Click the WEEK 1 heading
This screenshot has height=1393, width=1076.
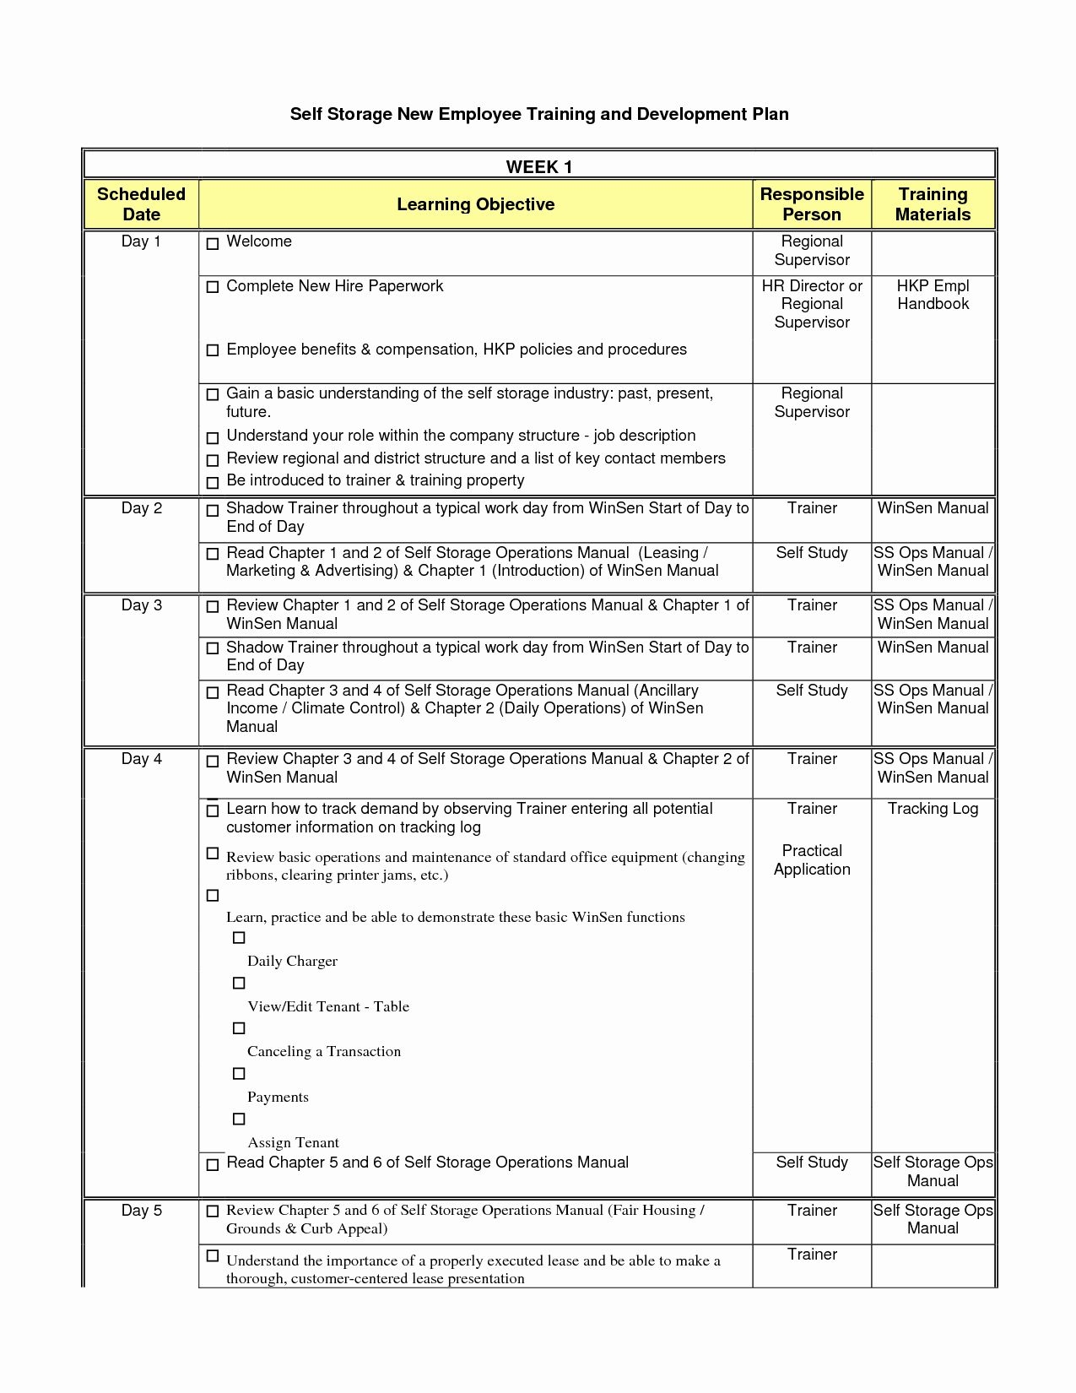538,166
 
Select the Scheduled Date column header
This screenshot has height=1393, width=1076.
141,204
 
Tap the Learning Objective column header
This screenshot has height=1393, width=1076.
475,204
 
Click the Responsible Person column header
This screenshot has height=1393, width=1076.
812,204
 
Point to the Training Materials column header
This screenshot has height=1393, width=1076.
933,204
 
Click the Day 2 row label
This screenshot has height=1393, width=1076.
141,508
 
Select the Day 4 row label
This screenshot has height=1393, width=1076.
141,759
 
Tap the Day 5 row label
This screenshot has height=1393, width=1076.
141,1211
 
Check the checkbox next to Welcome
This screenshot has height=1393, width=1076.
213,243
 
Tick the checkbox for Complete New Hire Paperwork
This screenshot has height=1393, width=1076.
213,287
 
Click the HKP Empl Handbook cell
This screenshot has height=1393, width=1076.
933,295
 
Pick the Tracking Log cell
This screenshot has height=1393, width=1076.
933,809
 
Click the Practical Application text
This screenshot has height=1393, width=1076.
812,860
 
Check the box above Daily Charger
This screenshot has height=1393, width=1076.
239,938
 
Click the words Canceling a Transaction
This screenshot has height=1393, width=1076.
323,1052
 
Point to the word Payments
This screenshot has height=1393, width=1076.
278,1098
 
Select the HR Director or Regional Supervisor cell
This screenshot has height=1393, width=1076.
812,304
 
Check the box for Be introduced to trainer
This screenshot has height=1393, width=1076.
213,483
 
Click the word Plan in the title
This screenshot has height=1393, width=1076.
771,114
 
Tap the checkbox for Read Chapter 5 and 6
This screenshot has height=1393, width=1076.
213,1165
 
